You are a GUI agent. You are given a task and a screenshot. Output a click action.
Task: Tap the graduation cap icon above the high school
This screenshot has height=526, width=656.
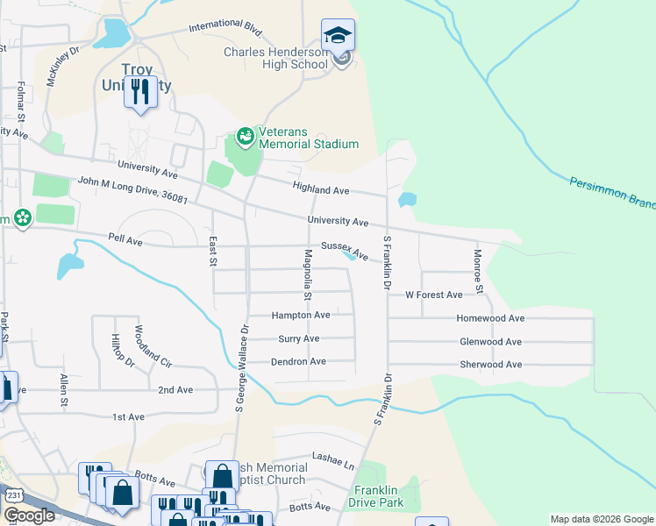pos(338,36)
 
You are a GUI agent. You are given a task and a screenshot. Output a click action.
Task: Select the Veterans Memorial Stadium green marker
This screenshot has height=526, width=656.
pos(244,137)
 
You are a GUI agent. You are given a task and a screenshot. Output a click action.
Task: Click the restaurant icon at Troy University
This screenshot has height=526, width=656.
pos(140,91)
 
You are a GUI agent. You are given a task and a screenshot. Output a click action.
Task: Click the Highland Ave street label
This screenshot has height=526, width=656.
pos(321,189)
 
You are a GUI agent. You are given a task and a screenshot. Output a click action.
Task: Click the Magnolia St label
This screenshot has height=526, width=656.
pos(308,274)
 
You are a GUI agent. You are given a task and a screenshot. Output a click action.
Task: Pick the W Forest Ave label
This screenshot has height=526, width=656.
pos(433,295)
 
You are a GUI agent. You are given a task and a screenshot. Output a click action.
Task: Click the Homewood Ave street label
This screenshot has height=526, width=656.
pos(491,318)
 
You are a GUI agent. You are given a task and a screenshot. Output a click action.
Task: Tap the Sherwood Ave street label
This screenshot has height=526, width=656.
pos(490,364)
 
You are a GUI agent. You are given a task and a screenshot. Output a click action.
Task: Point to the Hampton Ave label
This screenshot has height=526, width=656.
pos(300,315)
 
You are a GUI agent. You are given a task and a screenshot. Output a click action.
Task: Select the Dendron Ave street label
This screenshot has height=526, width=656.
pos(298,360)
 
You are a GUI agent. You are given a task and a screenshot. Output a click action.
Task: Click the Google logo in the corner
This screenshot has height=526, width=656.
pos(29,515)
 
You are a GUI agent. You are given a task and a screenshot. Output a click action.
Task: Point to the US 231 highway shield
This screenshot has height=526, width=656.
pos(13,495)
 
